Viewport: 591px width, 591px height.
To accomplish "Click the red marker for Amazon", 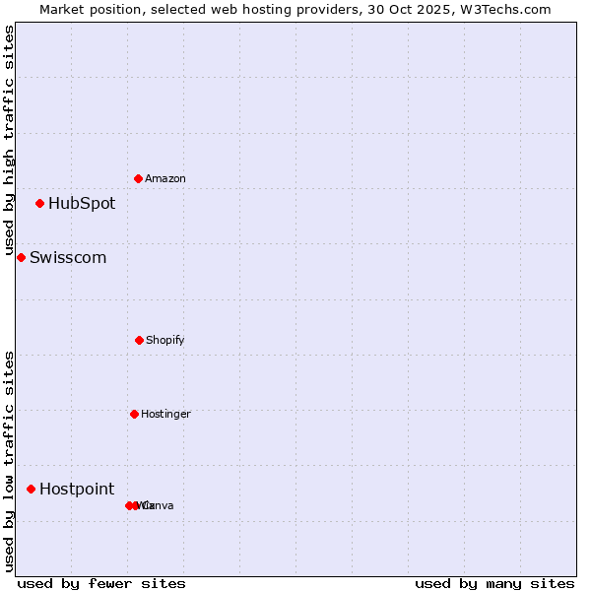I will click(x=138, y=178).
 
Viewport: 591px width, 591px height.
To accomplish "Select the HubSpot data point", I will click(x=39, y=204).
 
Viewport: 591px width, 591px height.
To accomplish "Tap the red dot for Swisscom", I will click(x=21, y=257).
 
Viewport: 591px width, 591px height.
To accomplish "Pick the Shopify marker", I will click(x=139, y=340).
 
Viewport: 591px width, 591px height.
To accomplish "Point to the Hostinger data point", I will click(x=134, y=414).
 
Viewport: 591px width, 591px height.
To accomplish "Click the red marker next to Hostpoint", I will click(x=31, y=489).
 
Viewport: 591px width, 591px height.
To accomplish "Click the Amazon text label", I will click(x=164, y=178).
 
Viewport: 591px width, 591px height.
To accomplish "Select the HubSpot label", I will click(x=82, y=204).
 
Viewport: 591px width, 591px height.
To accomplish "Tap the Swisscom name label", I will click(x=68, y=258).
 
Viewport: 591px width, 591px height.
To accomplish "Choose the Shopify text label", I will click(x=164, y=340).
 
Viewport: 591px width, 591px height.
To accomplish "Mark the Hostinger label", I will click(x=165, y=414).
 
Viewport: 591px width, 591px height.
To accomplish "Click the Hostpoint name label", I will click(x=77, y=490).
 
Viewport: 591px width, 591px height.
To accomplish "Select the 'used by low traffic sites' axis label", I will click(x=9, y=461).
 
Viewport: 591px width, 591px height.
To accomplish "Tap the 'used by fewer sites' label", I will click(x=101, y=583).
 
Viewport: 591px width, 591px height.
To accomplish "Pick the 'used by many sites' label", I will click(x=494, y=583).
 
